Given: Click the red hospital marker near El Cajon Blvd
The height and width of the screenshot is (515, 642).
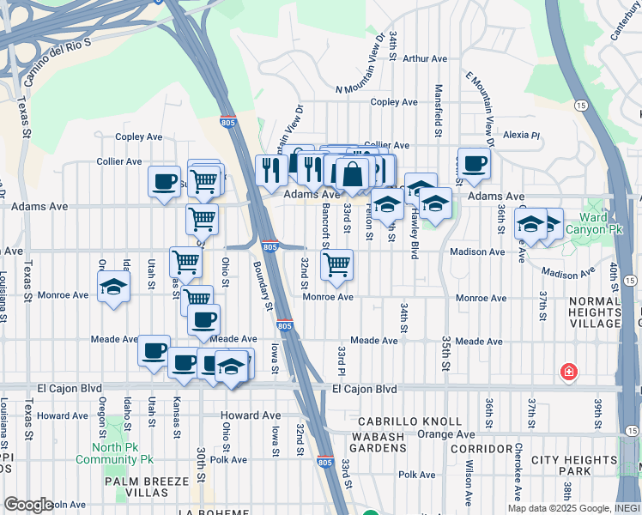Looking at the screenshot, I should click(568, 373).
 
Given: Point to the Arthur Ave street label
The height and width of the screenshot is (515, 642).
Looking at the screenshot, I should click(425, 59).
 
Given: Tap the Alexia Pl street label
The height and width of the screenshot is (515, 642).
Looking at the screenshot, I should click(521, 135).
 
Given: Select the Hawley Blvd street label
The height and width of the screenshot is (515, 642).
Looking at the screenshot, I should click(415, 232).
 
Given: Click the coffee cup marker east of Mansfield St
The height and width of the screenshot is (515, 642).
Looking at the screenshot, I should click(474, 163).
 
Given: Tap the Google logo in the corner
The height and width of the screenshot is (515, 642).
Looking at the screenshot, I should click(27, 505).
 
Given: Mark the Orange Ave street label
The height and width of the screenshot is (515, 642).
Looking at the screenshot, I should click(447, 434).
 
